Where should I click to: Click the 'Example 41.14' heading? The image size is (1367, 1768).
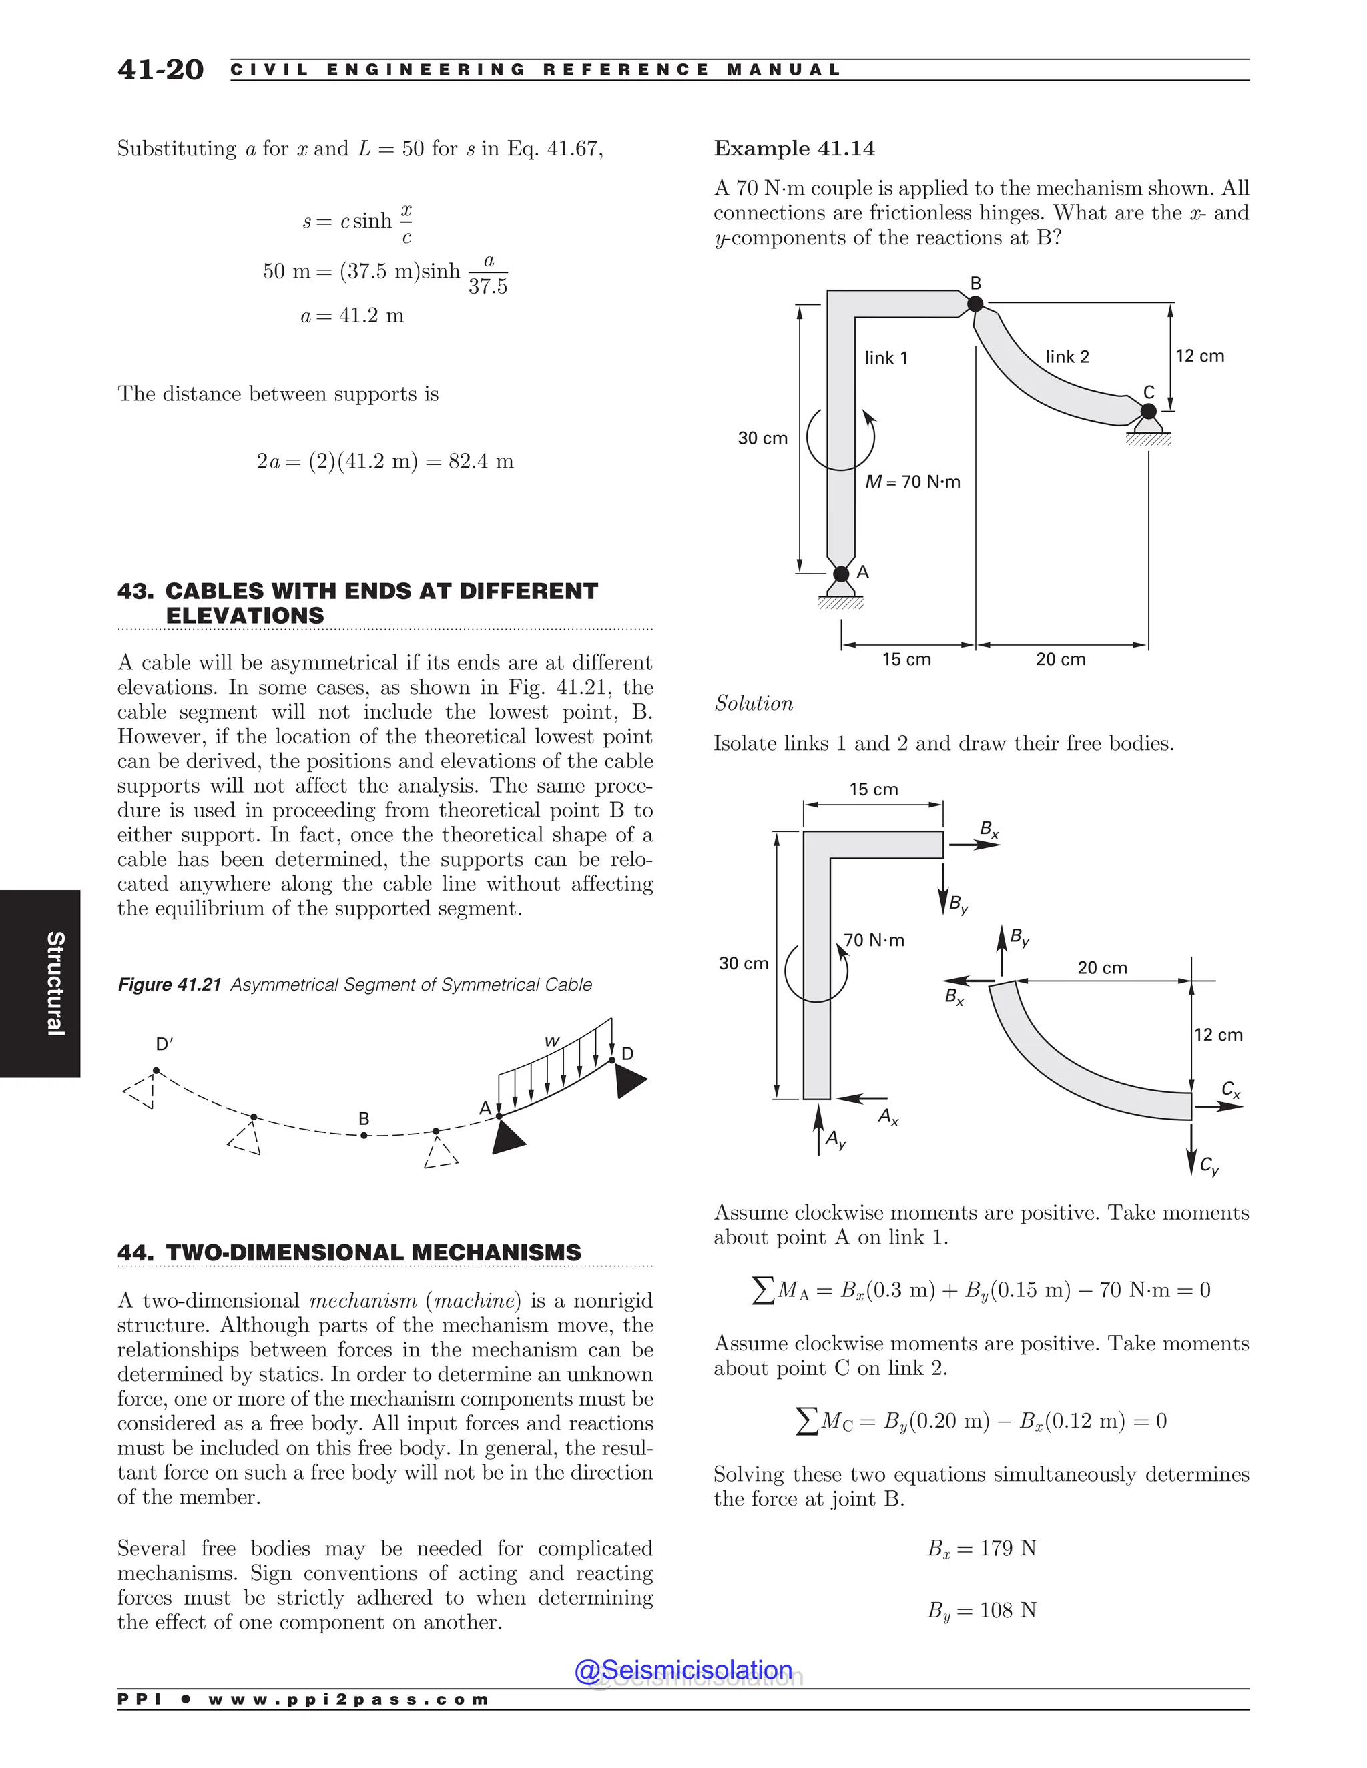(x=794, y=149)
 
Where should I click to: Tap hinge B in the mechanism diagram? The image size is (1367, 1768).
(x=975, y=304)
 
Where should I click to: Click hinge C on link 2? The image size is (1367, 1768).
(x=1147, y=411)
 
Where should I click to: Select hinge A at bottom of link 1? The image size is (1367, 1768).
(x=842, y=574)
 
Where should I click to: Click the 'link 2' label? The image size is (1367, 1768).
(x=1067, y=356)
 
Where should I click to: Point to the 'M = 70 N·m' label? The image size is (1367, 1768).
(x=912, y=482)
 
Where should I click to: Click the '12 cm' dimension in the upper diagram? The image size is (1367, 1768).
(x=1199, y=356)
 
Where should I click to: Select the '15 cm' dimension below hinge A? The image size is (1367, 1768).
(x=906, y=659)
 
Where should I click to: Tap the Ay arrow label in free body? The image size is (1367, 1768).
(x=835, y=1140)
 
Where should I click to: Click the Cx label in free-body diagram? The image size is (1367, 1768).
(x=1230, y=1089)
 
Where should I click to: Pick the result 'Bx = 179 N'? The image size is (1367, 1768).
(x=981, y=1548)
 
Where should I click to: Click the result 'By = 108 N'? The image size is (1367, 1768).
(x=981, y=1609)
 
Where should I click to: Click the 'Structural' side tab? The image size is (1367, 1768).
(x=54, y=983)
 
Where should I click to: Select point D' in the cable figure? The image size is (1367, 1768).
(x=164, y=1044)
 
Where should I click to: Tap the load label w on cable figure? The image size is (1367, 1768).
(x=551, y=1041)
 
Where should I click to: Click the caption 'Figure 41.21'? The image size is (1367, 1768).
(x=170, y=984)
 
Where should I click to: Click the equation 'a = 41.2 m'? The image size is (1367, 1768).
(x=352, y=316)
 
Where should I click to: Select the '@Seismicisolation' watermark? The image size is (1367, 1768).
(x=683, y=1669)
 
